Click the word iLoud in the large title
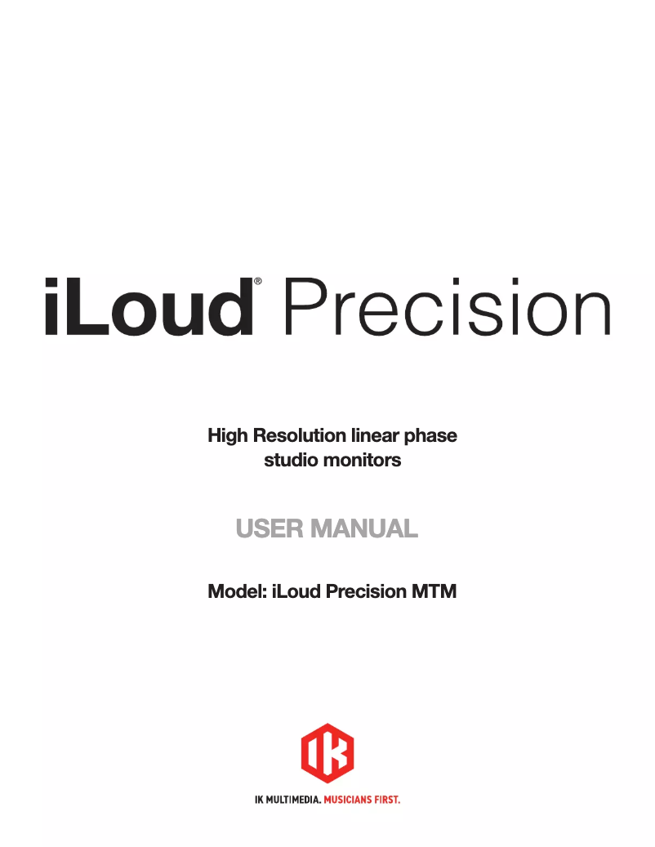147,305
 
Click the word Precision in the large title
447,305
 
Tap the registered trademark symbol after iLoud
258,281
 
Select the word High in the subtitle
228,435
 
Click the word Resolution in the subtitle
295,435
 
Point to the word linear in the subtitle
368,435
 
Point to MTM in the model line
434,591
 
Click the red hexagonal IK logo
327,752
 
